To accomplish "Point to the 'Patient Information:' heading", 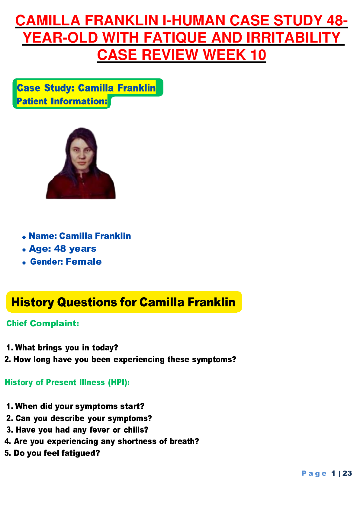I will (x=62, y=101).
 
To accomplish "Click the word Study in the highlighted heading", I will (x=59, y=88).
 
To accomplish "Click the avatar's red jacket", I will (x=81, y=187).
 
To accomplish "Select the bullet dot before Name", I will (x=24, y=237).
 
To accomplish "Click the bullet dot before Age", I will (x=24, y=250).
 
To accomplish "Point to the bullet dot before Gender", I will (x=24, y=263).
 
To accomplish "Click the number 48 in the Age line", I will (x=60, y=249).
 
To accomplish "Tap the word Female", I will (x=84, y=262).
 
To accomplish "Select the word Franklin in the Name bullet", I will (x=113, y=236).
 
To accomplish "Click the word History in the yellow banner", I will (x=32, y=302).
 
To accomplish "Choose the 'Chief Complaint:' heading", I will (x=43, y=324).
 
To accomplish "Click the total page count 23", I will (x=347, y=473).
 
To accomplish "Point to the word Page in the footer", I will (x=314, y=473).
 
